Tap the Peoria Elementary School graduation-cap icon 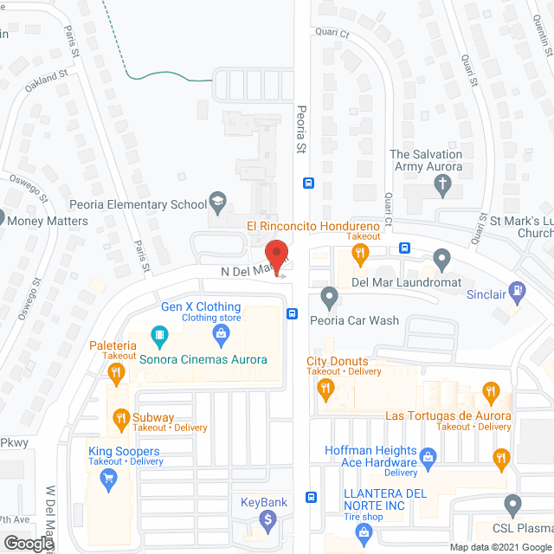click(x=219, y=204)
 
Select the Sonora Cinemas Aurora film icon click(x=158, y=333)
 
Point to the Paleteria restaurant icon click(x=115, y=373)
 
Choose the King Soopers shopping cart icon click(x=109, y=480)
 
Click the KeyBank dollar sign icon click(x=268, y=520)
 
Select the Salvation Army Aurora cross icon click(x=442, y=185)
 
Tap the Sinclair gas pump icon click(x=519, y=292)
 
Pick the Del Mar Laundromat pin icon click(x=442, y=257)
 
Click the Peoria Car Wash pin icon click(x=329, y=298)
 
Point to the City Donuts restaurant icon click(x=326, y=390)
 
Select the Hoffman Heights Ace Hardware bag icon click(x=427, y=455)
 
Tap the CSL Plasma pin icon click(x=513, y=503)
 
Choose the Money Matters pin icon click(x=2, y=219)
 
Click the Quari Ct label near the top click(x=332, y=35)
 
